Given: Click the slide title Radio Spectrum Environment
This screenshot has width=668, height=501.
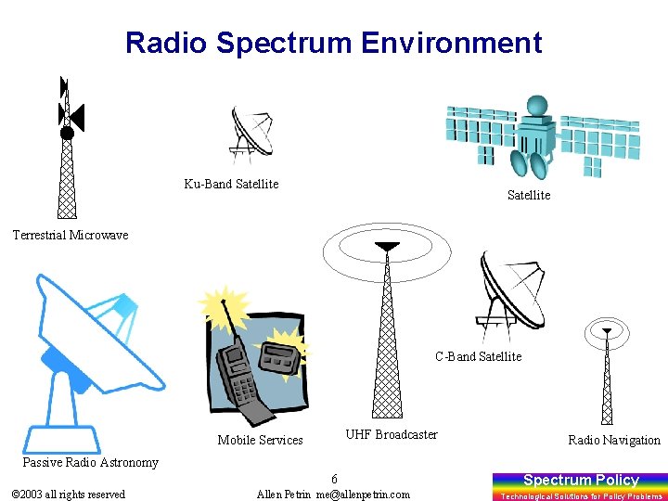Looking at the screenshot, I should pos(333,43).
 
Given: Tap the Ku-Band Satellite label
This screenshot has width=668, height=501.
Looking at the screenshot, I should pos(231,184).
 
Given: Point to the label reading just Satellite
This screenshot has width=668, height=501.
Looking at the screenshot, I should pos(528,195).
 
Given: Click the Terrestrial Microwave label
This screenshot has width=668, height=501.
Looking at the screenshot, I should pos(71,235).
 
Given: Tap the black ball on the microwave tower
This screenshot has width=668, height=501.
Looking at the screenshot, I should pos(67,134).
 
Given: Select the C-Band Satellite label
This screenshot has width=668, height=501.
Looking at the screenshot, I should pos(479,356).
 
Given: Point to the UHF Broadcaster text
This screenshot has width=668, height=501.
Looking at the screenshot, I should pos(392,434).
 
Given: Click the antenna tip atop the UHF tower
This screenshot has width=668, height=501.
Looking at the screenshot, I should pos(386,247).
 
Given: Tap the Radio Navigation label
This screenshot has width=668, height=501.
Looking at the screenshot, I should pos(614,440).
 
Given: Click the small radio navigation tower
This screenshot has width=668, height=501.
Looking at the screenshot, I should pos(607,376).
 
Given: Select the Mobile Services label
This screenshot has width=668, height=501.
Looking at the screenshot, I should pos(260,440).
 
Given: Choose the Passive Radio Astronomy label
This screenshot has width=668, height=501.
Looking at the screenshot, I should pos(90,462).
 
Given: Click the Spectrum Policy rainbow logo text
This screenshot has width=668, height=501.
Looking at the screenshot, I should pos(581,480).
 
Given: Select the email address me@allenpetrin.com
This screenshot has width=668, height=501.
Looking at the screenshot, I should pos(363,495).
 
